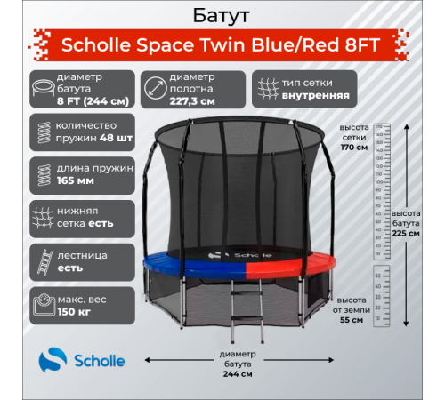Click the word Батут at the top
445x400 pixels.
(222, 16)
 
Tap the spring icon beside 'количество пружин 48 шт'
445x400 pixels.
(41, 129)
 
